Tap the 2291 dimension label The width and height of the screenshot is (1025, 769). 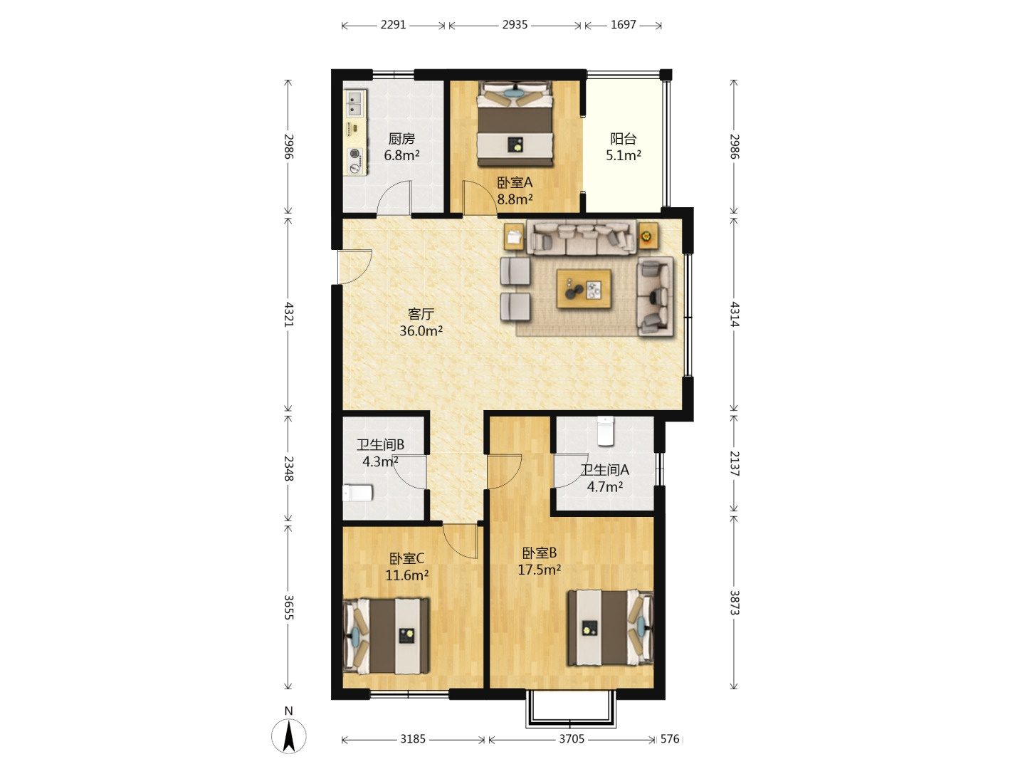coord(393,25)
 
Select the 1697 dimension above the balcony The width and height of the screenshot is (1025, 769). coord(624,25)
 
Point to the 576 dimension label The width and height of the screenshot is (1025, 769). coord(670,738)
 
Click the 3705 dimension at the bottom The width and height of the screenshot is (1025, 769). coord(572,738)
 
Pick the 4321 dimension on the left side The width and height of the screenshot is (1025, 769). coord(289,314)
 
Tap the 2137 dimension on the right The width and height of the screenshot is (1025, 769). coord(735,463)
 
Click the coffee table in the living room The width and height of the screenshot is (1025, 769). coord(584,289)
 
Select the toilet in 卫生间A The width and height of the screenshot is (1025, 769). coord(606,431)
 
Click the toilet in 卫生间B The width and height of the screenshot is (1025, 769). coord(358,493)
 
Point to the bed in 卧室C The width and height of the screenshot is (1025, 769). coord(387,635)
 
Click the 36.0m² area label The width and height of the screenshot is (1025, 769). coord(421,330)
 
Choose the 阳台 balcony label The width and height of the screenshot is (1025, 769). coord(624,139)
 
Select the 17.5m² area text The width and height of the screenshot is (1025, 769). coord(540,570)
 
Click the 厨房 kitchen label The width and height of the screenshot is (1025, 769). coord(401,139)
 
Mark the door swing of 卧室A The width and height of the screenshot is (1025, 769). coord(480,198)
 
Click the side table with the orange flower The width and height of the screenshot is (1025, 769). coord(648,236)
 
